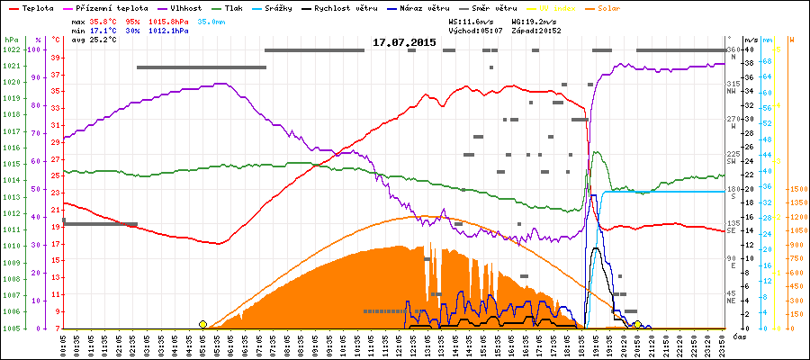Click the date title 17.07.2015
point(404,41)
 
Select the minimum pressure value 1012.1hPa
point(168,30)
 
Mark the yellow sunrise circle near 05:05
point(202,324)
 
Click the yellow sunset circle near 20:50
point(637,324)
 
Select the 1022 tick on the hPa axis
point(12,49)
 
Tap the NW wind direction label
point(733,91)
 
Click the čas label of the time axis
point(739,336)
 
